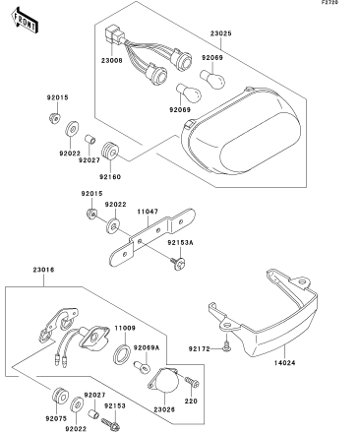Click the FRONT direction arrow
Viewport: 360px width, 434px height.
(25, 21)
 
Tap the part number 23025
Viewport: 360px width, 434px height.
(220, 33)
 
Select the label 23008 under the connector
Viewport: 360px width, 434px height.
(111, 61)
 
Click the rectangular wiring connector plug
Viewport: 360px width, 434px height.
(112, 35)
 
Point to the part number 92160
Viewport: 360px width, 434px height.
(110, 177)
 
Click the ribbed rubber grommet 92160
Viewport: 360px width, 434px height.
(110, 152)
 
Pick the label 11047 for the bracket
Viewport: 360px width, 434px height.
(148, 212)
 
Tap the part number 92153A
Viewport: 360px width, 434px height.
(180, 243)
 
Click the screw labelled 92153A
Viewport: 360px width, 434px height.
(178, 264)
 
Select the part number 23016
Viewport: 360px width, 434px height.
(43, 270)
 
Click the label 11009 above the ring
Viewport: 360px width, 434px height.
(125, 328)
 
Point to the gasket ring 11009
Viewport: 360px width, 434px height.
(122, 354)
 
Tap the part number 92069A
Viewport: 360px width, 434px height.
(147, 347)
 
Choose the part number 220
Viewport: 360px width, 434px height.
(191, 401)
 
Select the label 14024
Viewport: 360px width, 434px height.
(284, 363)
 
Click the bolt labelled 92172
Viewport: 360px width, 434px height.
(226, 344)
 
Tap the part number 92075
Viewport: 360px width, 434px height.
(56, 418)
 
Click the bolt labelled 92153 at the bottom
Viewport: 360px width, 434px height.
(111, 424)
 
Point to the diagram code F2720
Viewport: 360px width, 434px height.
(330, 3)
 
